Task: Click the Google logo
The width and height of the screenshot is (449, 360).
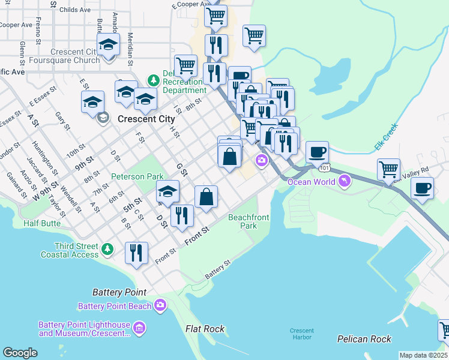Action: click(20, 353)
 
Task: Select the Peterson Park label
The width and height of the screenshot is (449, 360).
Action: click(136, 177)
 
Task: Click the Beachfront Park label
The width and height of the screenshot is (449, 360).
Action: click(243, 221)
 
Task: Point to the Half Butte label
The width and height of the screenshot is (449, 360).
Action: click(43, 223)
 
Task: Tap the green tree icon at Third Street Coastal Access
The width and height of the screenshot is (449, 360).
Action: click(107, 248)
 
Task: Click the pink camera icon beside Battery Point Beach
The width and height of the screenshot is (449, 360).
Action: click(160, 305)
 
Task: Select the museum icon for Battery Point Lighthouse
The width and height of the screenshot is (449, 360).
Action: click(139, 328)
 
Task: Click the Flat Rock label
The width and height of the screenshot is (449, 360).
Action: click(205, 329)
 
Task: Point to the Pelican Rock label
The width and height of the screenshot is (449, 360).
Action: click(364, 339)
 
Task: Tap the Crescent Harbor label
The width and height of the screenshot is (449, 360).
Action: click(301, 334)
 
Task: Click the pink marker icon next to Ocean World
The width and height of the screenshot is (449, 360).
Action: click(344, 180)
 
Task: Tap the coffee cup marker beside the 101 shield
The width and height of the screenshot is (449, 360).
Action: click(317, 152)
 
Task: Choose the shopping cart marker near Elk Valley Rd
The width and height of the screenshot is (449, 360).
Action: click(389, 169)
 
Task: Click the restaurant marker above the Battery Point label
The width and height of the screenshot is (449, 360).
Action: click(136, 252)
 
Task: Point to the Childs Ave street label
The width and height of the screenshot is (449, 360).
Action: click(76, 10)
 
